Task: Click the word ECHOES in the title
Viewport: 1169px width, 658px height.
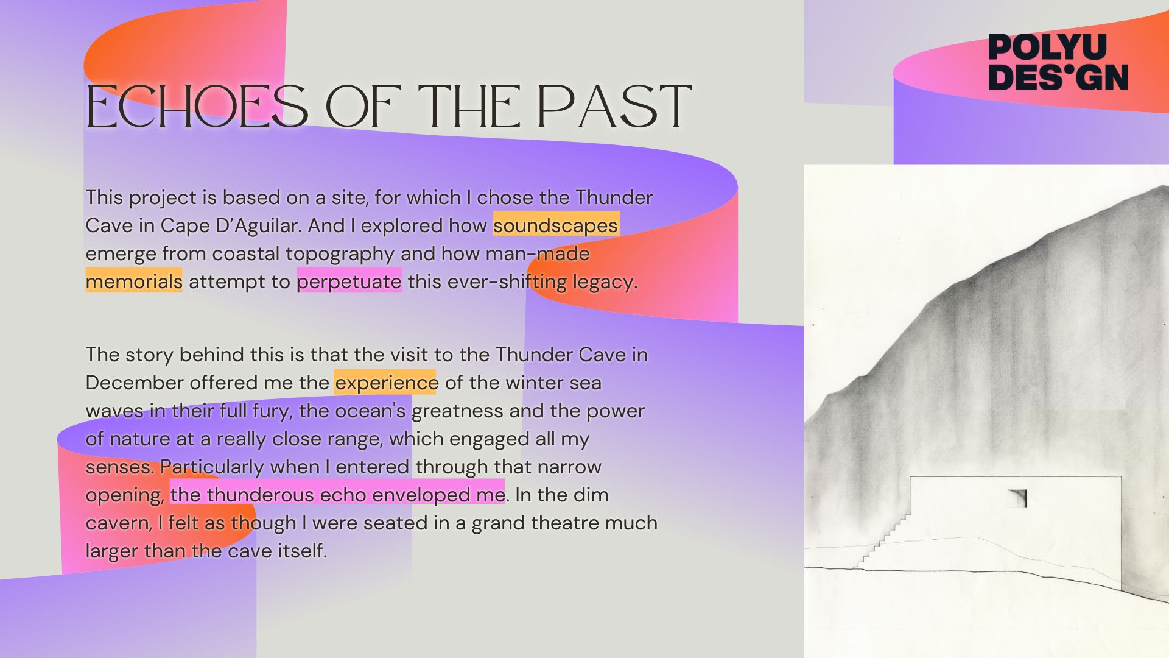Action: [197, 107]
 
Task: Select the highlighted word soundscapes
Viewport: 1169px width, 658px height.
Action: [556, 225]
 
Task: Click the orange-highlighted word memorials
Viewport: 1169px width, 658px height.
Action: [134, 281]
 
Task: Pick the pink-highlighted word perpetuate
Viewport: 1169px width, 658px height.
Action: [349, 282]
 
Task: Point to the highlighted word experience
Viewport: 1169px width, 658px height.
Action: [386, 383]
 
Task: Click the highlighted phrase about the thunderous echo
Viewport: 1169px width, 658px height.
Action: [337, 495]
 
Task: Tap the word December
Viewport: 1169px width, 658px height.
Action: [135, 383]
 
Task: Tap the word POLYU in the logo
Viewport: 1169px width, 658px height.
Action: [1047, 47]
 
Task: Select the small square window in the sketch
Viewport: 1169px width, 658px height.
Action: [1016, 498]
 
